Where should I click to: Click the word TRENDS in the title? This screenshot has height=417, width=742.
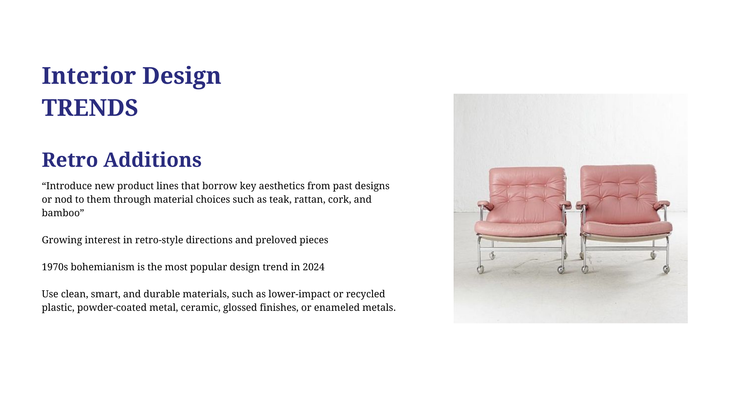(90, 107)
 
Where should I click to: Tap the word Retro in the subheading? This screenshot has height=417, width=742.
(70, 159)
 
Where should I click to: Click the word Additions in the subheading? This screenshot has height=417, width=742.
(152, 159)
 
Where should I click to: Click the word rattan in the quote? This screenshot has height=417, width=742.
(309, 199)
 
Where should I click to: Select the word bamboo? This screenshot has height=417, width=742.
(61, 213)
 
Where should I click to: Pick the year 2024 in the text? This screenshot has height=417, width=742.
(313, 267)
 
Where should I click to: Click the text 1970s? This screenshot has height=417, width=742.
(55, 267)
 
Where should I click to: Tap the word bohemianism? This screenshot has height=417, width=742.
(102, 267)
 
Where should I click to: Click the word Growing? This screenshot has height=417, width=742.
(62, 240)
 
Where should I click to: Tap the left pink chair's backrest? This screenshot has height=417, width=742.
(527, 191)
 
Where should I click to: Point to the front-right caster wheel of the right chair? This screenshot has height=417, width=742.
(666, 269)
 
